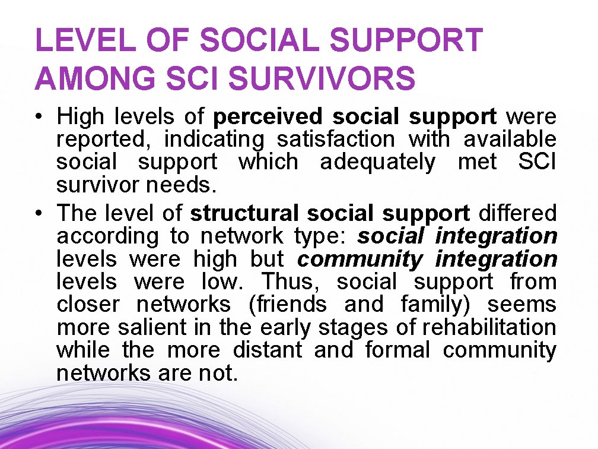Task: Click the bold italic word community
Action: [360, 260]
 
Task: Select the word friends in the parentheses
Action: [288, 304]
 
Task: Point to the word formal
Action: [397, 350]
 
